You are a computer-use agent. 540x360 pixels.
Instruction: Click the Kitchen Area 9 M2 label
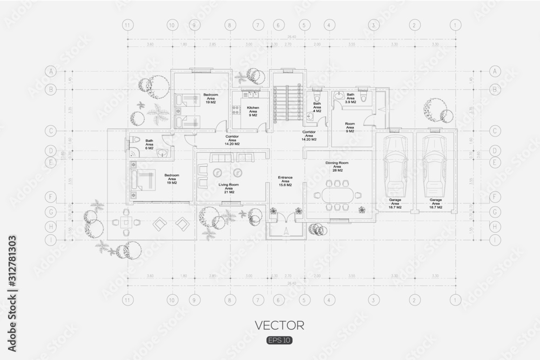pos(253,111)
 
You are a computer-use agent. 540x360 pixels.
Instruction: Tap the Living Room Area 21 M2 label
pos(228,188)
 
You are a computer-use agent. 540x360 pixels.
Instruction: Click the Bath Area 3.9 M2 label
pos(350,98)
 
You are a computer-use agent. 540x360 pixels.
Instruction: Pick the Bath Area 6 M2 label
pos(150,145)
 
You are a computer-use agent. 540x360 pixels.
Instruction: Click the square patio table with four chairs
pos(126,222)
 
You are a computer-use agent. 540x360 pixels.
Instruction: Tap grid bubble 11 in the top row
pos(127,25)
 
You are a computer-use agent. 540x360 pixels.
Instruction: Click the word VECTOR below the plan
pos(280,325)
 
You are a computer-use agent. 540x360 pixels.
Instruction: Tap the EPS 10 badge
pos(280,341)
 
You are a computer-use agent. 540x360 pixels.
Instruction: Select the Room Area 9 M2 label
pos(350,127)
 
